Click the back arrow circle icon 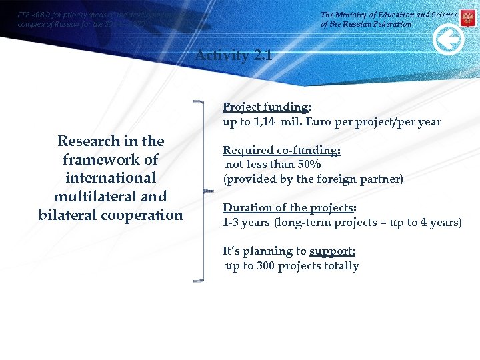[448, 41]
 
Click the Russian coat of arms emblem [467, 18]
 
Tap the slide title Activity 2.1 [233, 55]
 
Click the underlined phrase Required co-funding [281, 150]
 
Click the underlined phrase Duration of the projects [288, 207]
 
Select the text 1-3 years [246, 222]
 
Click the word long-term [302, 222]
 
